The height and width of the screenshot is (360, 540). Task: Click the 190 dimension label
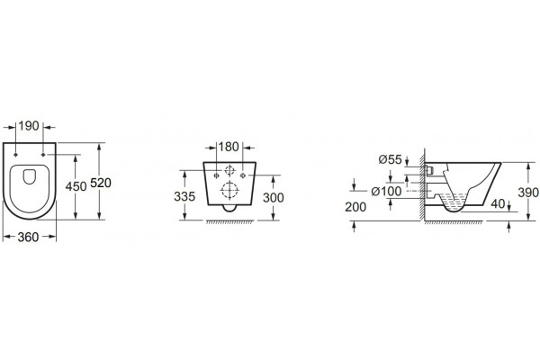29,126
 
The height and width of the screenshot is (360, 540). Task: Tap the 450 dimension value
76,186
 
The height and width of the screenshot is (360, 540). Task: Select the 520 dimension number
101,183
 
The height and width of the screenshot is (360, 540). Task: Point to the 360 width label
28,237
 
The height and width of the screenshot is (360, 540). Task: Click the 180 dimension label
229,147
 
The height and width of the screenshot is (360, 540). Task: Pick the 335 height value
184,196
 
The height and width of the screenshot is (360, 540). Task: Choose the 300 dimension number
274,197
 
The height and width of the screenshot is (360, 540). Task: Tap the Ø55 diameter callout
391,159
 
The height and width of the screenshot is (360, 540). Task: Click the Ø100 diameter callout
386,191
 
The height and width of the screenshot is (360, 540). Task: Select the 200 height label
355,207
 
